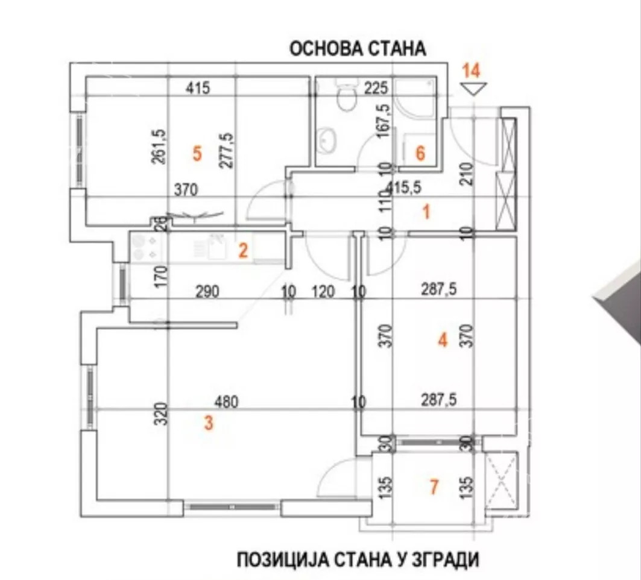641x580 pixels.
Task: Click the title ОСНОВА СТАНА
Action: point(358,49)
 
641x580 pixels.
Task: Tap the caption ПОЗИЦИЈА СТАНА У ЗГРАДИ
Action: point(358,560)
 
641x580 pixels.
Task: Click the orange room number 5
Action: point(197,153)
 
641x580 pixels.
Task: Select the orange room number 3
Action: point(209,423)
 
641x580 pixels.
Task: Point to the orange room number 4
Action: point(443,341)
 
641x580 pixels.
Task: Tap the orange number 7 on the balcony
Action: point(434,486)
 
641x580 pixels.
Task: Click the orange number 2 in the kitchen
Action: point(242,250)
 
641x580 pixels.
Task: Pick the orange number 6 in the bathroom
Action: point(420,153)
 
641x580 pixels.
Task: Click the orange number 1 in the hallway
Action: point(426,212)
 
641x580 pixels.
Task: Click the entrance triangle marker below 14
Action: point(472,89)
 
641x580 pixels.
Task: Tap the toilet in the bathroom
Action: point(347,99)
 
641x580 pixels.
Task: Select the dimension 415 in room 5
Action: point(197,89)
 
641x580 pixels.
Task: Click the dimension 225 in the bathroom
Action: point(376,89)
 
